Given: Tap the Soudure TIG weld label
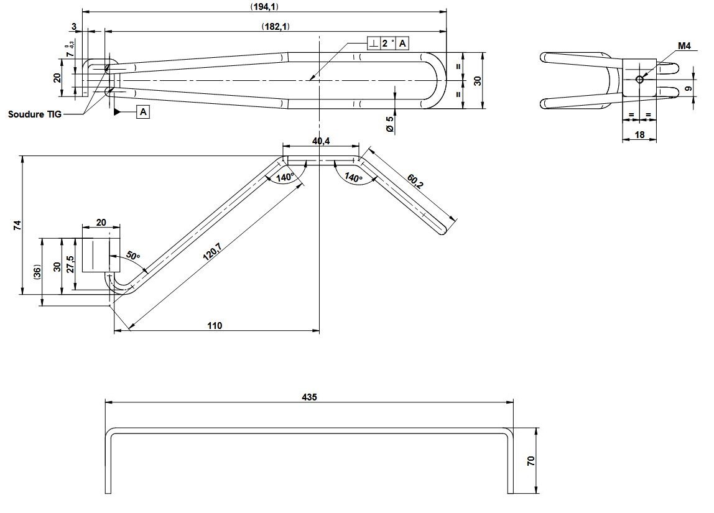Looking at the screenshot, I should [35, 114].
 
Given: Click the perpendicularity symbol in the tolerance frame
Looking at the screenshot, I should [373, 43].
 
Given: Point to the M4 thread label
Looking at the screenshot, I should [684, 46].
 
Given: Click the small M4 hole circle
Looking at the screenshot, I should [639, 79].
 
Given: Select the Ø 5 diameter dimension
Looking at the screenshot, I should [390, 124].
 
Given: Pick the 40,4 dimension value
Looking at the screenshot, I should [321, 141].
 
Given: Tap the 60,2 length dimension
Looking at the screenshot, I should [415, 181].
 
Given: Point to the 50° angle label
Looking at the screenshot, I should [133, 256].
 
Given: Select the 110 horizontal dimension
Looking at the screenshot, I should [215, 325].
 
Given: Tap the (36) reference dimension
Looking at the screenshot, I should [37, 272].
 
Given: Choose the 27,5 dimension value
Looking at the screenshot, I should [70, 264].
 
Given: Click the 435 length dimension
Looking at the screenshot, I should [308, 396].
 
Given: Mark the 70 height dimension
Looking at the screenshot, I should [530, 461].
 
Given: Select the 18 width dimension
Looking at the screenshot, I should [639, 134].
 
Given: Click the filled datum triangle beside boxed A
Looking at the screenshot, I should [117, 112].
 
